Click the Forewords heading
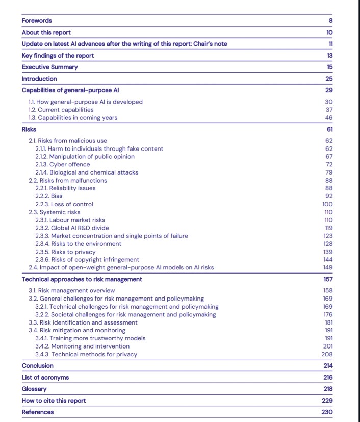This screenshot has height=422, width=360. pos(37,20)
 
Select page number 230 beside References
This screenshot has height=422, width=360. pos(327,412)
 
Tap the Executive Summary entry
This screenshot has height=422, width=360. pos(49,67)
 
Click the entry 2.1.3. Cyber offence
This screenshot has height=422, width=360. pos(62,164)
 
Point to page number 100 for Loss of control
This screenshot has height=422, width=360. pos(327,204)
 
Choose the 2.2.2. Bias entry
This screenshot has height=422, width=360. pos(49,196)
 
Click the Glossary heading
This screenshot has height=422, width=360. pos(34,389)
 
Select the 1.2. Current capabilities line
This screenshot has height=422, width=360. pos(61,110)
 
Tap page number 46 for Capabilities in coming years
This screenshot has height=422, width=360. pos(329,117)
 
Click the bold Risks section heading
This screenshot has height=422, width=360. pos(29,129)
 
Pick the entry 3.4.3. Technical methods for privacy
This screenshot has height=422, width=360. pos(86,354)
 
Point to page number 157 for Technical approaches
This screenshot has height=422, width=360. pos(327,279)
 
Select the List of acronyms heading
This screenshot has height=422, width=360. pos(45,377)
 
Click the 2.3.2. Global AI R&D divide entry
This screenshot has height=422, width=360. pos(72,228)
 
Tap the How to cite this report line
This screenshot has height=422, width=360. pos(54,400)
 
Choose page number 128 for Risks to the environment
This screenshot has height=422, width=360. pos(327,243)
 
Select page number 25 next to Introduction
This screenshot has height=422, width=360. pos(328,79)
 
